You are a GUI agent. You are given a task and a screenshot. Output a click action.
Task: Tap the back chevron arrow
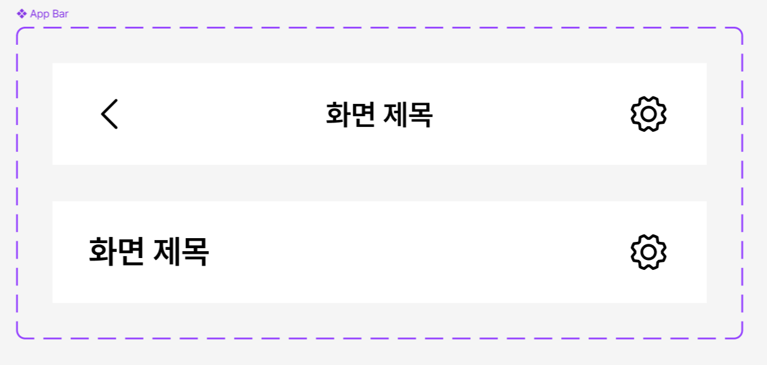click(x=109, y=114)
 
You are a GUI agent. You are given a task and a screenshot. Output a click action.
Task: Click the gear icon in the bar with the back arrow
click(x=648, y=114)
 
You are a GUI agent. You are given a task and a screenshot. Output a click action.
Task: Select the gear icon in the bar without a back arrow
click(x=648, y=252)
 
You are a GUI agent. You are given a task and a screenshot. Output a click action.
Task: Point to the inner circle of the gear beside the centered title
click(x=648, y=114)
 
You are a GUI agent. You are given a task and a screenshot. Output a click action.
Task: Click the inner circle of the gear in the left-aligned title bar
click(x=648, y=252)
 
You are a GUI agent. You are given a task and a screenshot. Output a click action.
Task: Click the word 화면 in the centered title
click(x=350, y=115)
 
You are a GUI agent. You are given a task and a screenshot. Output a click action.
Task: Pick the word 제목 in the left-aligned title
click(x=181, y=252)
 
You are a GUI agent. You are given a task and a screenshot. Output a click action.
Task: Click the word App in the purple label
click(x=39, y=14)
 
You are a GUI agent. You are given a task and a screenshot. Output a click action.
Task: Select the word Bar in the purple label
click(x=60, y=14)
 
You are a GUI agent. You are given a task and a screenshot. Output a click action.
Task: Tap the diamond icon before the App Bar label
click(x=22, y=14)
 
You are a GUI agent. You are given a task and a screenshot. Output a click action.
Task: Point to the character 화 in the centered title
click(x=338, y=115)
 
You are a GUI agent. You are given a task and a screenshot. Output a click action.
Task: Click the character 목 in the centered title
click(x=421, y=115)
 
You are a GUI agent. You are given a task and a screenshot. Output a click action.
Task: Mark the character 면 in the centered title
click(x=363, y=115)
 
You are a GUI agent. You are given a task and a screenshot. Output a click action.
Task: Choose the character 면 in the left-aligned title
click(x=132, y=252)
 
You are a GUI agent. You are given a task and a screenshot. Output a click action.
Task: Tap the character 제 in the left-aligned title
click(x=167, y=252)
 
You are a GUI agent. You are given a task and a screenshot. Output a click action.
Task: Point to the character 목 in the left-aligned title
click(x=195, y=252)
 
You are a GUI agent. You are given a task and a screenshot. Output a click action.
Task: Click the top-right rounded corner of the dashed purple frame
click(x=740, y=31)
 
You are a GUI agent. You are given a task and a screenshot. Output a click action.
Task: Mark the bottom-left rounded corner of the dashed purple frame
click(x=20, y=335)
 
